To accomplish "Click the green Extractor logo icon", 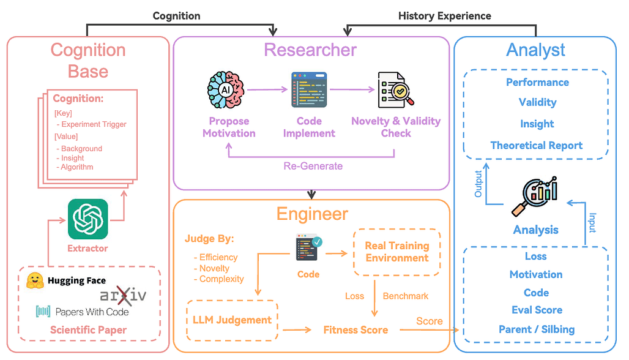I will tap(88, 219).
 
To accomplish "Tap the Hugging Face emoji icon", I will tap(35, 281).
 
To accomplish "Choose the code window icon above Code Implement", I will tap(309, 90).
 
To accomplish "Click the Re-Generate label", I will tap(313, 166).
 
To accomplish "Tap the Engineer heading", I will tap(312, 214).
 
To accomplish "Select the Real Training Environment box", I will tap(397, 252).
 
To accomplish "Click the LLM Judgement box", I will tap(232, 320).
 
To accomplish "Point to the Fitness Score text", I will tap(355, 329).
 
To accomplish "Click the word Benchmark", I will tap(406, 296).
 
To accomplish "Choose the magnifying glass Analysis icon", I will tap(535, 196).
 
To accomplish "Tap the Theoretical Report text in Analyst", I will tap(536, 146).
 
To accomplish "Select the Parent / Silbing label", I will tap(536, 329).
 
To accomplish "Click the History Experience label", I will tap(444, 16).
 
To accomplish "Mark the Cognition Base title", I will tap(88, 60).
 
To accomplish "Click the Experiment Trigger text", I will tap(94, 124).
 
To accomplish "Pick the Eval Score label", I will tap(537, 310).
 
